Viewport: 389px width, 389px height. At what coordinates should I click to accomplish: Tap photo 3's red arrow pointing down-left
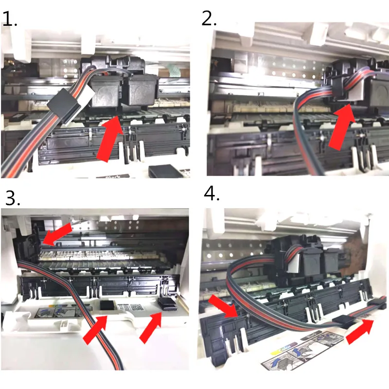click(x=57, y=234)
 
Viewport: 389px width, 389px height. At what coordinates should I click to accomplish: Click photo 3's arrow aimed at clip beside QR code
click(x=96, y=329)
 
